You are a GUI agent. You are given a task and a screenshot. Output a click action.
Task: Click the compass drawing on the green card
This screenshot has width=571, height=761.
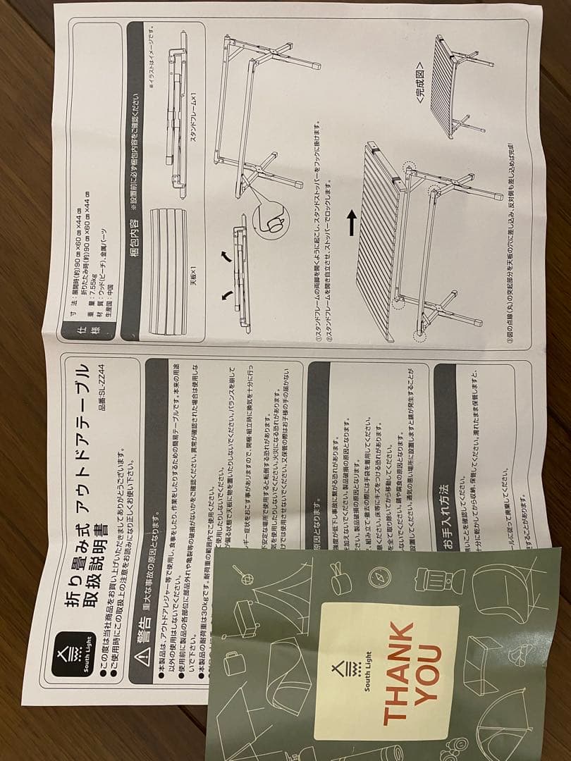pos(379,578)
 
